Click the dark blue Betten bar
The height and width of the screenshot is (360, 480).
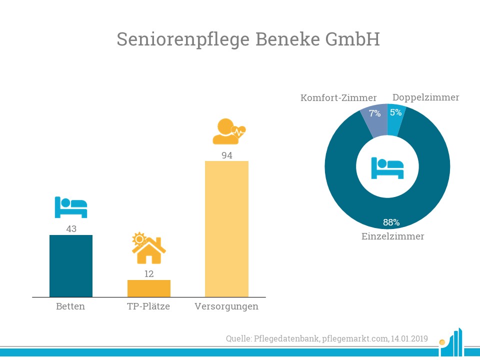click(x=71, y=265)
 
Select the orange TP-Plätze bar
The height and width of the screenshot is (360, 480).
click(x=149, y=288)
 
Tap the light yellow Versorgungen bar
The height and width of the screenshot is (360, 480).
click(x=226, y=229)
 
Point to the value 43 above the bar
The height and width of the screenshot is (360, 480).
click(x=71, y=228)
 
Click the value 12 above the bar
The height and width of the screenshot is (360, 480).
click(x=149, y=273)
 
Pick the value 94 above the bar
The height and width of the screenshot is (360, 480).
click(x=227, y=155)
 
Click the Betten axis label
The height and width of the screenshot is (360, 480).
click(x=70, y=306)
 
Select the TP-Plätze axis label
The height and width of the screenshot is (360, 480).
click(x=148, y=306)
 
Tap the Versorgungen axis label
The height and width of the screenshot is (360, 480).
click(x=226, y=306)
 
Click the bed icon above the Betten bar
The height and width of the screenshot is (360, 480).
click(x=71, y=207)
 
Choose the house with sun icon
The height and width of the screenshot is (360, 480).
click(x=149, y=248)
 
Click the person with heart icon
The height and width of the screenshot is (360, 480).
click(x=229, y=131)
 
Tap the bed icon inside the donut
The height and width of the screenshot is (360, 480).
click(x=387, y=168)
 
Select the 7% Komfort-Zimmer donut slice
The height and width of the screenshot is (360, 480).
click(x=374, y=121)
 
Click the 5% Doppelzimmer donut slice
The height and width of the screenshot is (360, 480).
click(x=395, y=120)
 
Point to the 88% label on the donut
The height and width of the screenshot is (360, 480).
click(x=391, y=222)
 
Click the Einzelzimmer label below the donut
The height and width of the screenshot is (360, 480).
click(x=393, y=236)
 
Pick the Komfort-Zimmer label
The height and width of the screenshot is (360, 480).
click(x=338, y=97)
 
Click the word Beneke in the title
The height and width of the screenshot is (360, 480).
click(x=288, y=39)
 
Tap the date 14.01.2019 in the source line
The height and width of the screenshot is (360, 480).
click(x=409, y=338)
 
